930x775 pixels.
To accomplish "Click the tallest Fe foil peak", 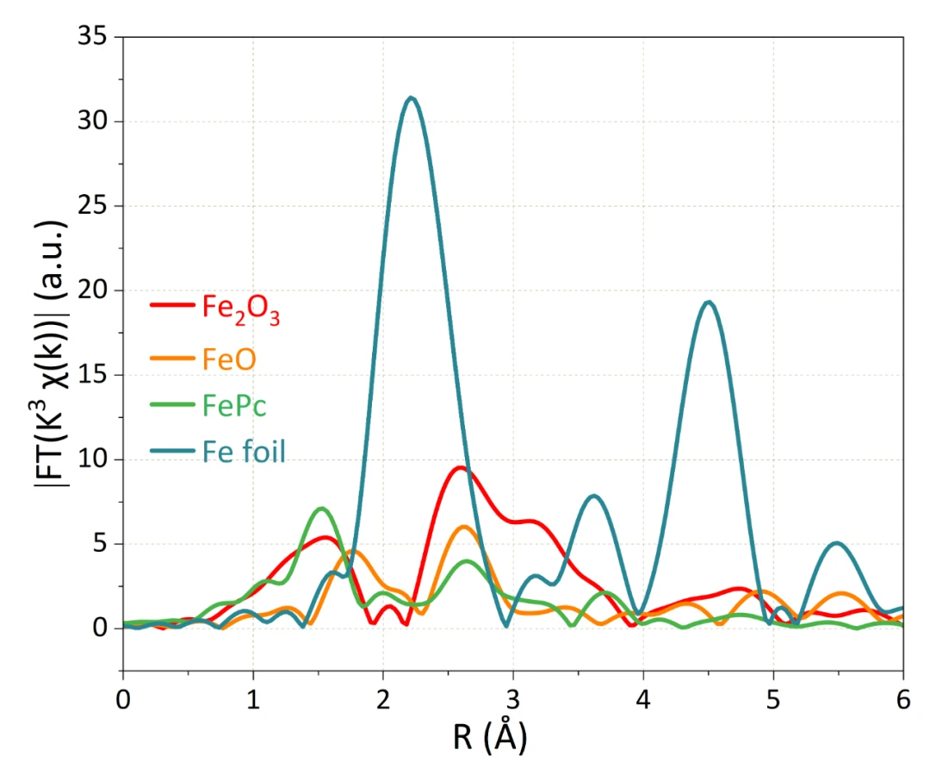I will (412, 98).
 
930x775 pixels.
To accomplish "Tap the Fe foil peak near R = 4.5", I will (708, 302).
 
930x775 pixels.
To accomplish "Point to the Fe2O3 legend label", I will (241, 308).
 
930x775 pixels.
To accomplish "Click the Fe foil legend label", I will (244, 452).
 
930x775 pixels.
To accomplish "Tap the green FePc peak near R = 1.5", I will (322, 509).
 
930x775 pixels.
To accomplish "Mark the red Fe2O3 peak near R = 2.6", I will (462, 468).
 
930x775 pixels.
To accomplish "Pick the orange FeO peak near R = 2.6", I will (464, 527).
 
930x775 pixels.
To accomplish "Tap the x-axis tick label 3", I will (513, 695).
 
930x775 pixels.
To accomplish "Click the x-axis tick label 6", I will (902, 695).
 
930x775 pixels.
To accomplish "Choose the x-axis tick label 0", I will (123, 695).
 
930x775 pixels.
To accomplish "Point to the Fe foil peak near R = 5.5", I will (836, 543).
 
